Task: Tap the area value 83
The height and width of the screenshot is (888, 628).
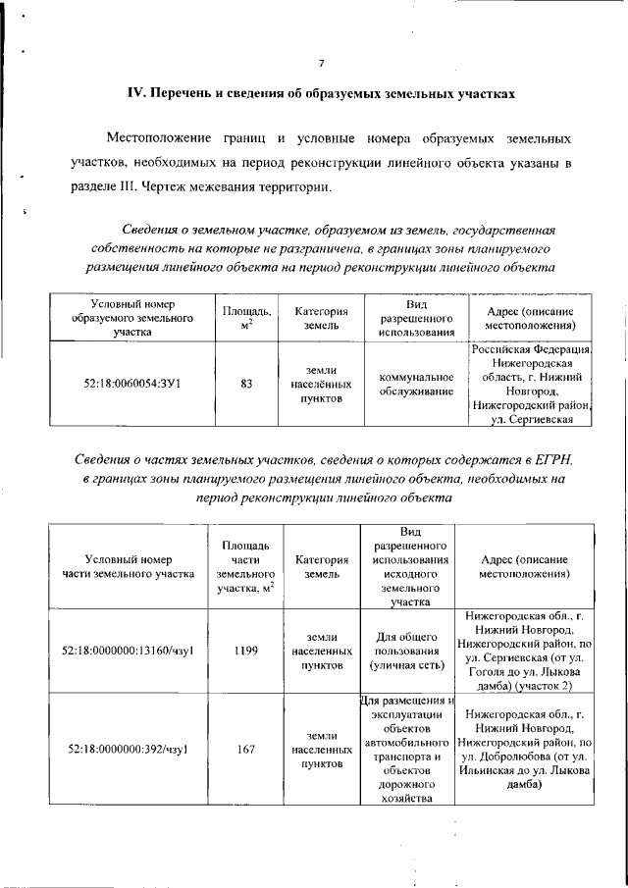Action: (x=246, y=385)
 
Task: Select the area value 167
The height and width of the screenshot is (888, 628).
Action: (x=246, y=750)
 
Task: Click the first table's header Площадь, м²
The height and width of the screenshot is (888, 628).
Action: (x=246, y=318)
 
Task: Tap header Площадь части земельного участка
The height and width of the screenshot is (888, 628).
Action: (x=246, y=566)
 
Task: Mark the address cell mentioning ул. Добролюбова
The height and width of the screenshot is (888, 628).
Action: (x=527, y=750)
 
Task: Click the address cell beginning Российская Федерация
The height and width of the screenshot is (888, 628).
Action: (x=530, y=385)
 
